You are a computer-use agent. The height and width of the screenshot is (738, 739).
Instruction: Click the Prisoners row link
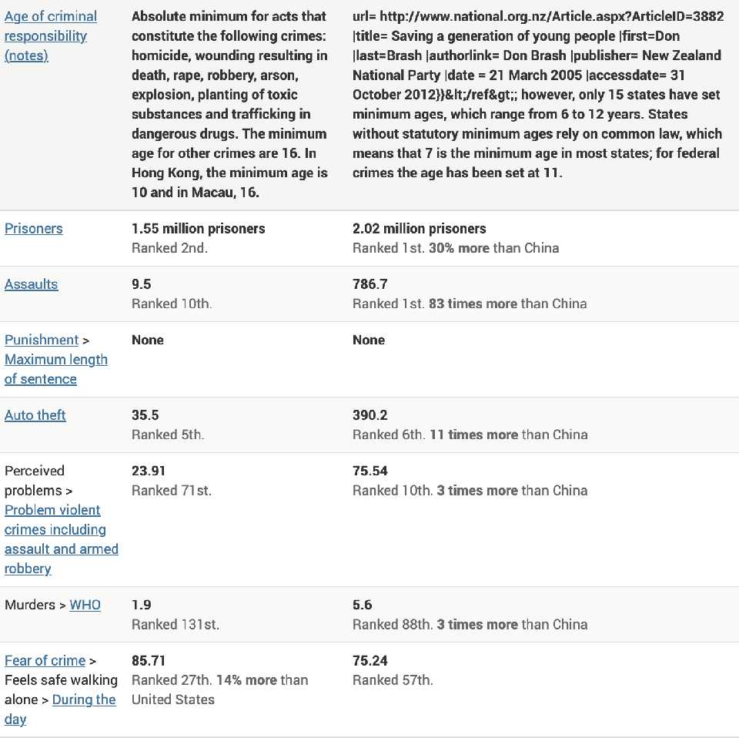pos(34,229)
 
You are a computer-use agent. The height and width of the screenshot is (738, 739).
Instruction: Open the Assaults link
pos(32,284)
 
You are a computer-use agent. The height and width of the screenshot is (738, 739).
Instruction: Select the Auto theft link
pos(35,415)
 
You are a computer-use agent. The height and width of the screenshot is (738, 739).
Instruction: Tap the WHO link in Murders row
pos(85,605)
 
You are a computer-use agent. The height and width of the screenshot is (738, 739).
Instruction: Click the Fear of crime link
pos(45,660)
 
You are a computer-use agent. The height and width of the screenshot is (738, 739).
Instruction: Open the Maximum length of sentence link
pos(55,369)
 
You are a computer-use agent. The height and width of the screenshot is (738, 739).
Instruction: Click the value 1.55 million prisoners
pos(199,229)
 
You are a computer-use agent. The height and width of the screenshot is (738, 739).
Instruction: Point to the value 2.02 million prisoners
pos(420,229)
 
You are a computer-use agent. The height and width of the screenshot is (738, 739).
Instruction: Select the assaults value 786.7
pos(370,284)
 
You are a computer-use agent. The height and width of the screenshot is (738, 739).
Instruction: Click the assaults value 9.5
pos(142,284)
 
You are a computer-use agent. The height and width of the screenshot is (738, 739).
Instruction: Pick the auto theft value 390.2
pos(370,415)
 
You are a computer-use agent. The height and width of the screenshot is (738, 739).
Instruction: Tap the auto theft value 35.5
pos(145,415)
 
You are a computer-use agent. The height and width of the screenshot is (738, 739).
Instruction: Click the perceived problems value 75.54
pos(370,471)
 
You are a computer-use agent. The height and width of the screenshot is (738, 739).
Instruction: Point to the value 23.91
pos(149,471)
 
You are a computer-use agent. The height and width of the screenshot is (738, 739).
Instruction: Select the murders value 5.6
pos(363,605)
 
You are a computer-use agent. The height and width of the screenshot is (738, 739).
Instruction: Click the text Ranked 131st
pos(176,625)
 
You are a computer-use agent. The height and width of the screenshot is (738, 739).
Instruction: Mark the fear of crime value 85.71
pos(149,660)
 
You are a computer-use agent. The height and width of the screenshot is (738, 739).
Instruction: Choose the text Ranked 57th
pos(393,680)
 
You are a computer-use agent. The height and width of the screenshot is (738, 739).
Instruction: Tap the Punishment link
pos(42,340)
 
